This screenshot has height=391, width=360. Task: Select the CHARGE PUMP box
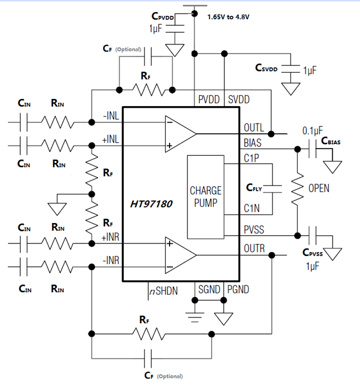206,197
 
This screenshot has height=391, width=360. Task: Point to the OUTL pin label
254,127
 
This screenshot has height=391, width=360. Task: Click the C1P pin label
252,159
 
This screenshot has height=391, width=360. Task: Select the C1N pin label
252,208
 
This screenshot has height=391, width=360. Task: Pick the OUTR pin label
254,248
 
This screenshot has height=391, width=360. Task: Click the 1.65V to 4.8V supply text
228,17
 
